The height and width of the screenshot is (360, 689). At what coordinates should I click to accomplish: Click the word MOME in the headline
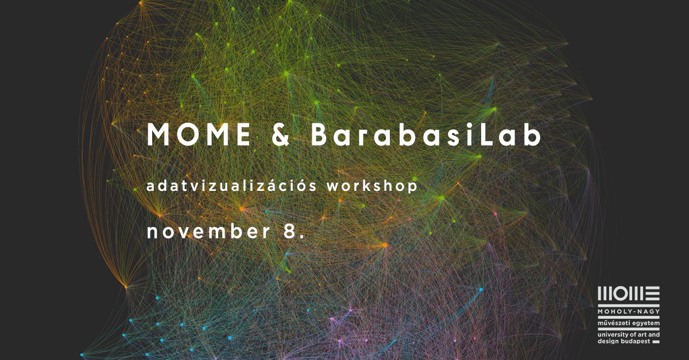coord(199,134)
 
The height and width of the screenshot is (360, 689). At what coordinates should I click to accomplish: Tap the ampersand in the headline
coord(280,135)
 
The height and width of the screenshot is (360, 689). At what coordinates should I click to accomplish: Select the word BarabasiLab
coord(426,134)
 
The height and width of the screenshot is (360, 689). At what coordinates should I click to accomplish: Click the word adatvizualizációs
coord(231,186)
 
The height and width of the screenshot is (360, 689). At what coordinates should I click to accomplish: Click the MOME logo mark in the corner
coord(629,294)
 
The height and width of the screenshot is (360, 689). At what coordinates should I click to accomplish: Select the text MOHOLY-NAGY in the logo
coord(629,312)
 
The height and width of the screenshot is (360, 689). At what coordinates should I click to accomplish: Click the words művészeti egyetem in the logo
coord(629,323)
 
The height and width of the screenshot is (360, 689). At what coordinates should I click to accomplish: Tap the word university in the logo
coord(610,335)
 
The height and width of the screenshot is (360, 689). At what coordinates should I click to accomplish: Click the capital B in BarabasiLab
coord(319,134)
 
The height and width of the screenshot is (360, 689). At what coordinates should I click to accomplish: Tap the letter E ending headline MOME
coord(243,134)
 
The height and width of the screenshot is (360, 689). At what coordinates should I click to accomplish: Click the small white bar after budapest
coord(656,342)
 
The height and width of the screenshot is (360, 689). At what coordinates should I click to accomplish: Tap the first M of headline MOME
coord(158,134)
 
